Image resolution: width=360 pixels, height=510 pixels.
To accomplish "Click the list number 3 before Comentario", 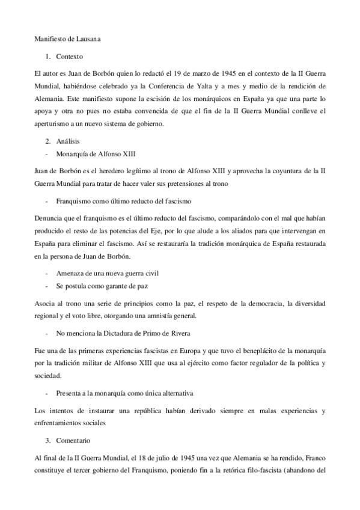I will point(47,441).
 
